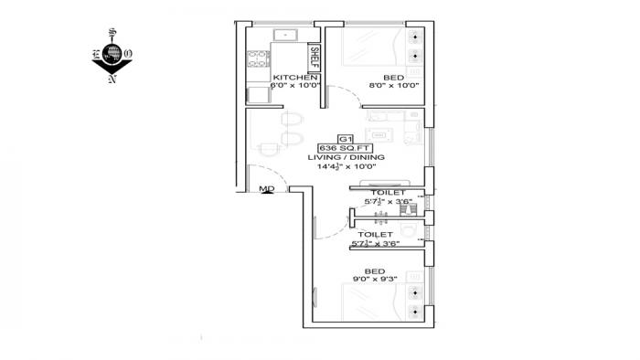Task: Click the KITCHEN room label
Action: (x=287, y=78)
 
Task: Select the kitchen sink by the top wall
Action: (x=288, y=37)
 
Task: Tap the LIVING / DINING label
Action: (x=346, y=158)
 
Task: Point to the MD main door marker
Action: (x=267, y=189)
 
